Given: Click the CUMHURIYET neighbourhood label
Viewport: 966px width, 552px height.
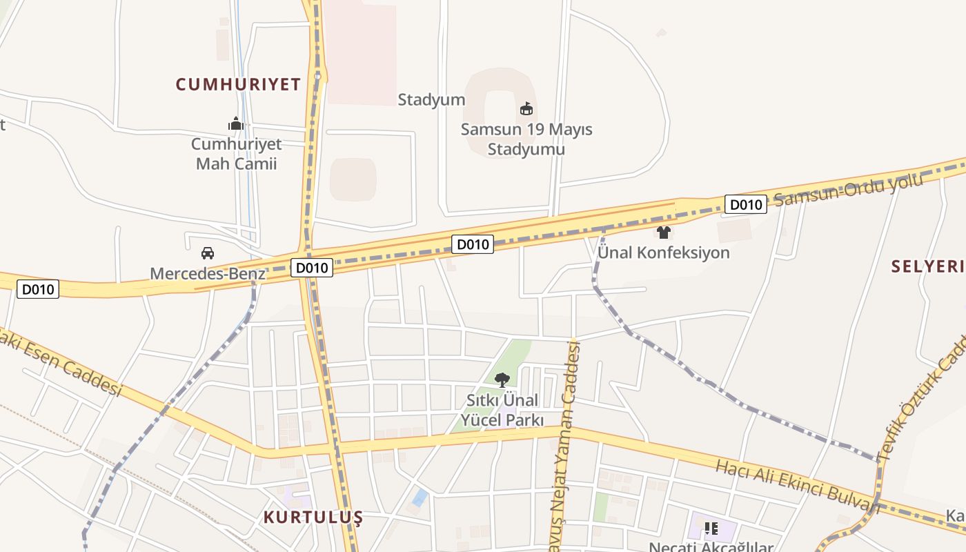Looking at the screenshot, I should [x=238, y=85].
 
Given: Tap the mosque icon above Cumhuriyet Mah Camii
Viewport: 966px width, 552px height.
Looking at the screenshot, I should [x=236, y=124].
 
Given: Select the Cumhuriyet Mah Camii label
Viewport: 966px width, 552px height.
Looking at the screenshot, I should [x=236, y=154].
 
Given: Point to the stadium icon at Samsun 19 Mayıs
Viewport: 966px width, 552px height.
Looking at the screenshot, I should [x=526, y=108].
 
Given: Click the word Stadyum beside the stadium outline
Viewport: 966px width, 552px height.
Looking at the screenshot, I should [x=431, y=99].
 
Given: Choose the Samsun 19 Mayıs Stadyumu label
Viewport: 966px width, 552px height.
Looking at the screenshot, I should [x=526, y=139].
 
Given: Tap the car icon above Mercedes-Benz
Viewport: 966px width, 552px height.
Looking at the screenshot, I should [x=208, y=253].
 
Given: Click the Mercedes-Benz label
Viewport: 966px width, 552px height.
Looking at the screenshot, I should [x=208, y=273].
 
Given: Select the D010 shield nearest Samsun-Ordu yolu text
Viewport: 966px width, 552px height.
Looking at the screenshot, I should [x=746, y=204].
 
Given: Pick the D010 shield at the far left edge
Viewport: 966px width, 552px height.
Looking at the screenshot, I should [x=38, y=289].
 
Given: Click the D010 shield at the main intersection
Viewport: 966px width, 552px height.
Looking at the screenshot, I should [x=312, y=268].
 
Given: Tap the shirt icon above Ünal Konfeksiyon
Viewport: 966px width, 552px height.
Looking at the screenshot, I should [x=664, y=233].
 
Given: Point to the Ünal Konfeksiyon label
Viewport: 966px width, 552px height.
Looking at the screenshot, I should [x=664, y=253].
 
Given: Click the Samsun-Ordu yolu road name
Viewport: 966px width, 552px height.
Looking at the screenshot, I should [x=848, y=190].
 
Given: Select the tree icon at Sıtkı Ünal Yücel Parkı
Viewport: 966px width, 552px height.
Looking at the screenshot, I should [x=502, y=379].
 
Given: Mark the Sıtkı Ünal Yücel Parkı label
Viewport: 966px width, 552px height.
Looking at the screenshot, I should [x=502, y=410].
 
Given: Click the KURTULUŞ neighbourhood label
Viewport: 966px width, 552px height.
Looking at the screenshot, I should [x=313, y=517].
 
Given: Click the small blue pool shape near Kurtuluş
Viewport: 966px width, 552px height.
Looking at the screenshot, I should [x=420, y=497].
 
